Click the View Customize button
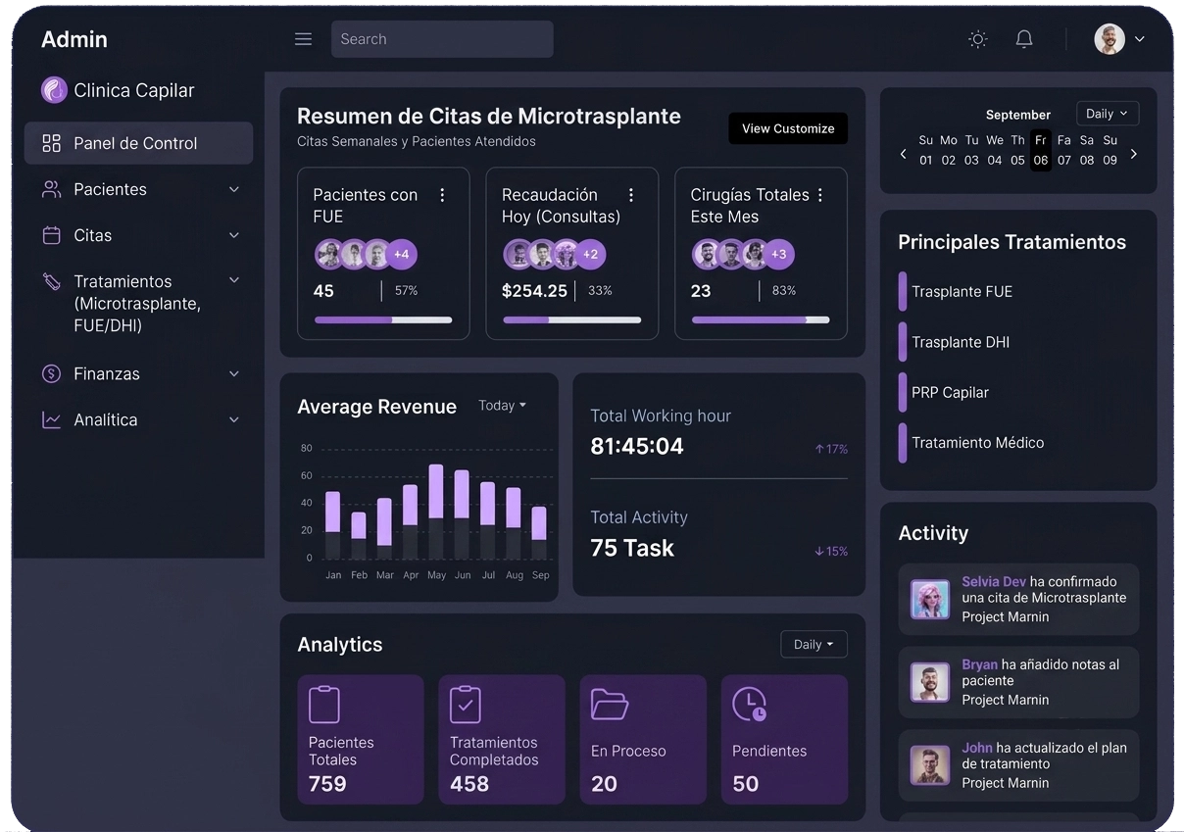(x=788, y=128)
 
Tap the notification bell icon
(x=1024, y=39)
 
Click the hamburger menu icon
(x=303, y=39)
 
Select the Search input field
(x=442, y=39)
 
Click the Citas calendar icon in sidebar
(x=51, y=235)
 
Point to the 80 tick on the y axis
(x=306, y=448)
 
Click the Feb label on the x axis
(x=359, y=575)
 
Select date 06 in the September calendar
(x=1040, y=160)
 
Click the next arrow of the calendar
(x=1133, y=155)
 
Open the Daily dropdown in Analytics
(x=814, y=645)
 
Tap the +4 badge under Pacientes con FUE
(x=402, y=254)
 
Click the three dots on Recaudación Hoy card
(x=630, y=196)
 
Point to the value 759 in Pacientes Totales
(x=327, y=783)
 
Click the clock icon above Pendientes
(x=749, y=704)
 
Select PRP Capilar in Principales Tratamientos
(x=950, y=392)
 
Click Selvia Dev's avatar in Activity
(x=929, y=600)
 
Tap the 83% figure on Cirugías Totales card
(x=783, y=291)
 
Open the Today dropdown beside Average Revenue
(x=502, y=406)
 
